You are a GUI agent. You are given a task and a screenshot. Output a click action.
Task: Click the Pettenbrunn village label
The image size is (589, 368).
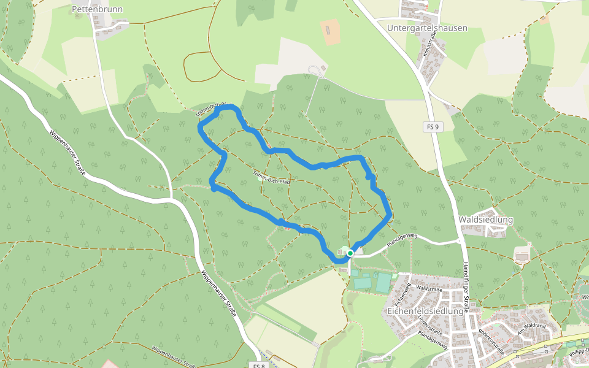pyautogui.click(x=97, y=9)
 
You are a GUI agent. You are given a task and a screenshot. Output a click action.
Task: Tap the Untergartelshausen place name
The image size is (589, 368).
pyautogui.click(x=427, y=28)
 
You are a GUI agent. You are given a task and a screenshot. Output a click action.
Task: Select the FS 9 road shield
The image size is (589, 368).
pyautogui.click(x=433, y=127)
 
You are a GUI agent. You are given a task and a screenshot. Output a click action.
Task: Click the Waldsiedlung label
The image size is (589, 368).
pyautogui.click(x=486, y=220)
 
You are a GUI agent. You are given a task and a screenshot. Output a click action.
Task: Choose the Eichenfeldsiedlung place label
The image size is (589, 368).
pyautogui.click(x=425, y=311)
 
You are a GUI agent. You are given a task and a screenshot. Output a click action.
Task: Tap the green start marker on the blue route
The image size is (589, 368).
pyautogui.click(x=350, y=253)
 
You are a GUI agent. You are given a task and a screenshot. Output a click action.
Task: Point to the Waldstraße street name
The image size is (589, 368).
pyautogui.click(x=429, y=288)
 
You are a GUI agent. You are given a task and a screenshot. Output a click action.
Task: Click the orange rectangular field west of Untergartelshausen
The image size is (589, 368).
pyautogui.click(x=330, y=33)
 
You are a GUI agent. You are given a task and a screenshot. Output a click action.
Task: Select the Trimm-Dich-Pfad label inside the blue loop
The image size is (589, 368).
pyautogui.click(x=271, y=178)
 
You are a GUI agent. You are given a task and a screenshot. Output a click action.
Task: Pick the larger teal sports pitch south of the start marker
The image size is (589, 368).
pyautogui.click(x=383, y=283)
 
